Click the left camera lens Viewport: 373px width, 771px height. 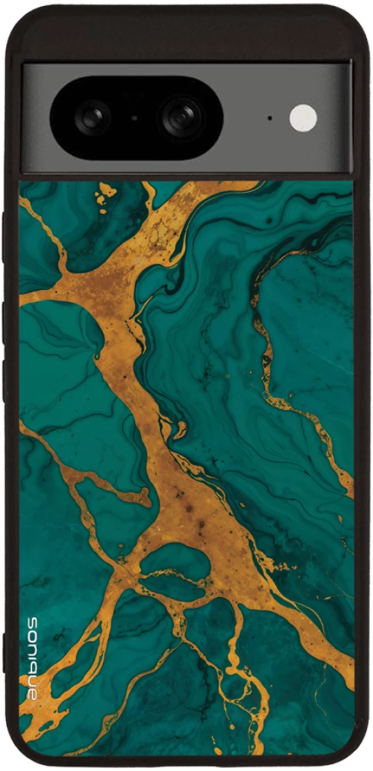[x=93, y=117]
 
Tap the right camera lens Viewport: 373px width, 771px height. [x=181, y=117]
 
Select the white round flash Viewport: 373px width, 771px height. [x=303, y=118]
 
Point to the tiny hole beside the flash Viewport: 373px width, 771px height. [x=269, y=118]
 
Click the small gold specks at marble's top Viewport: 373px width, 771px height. [x=105, y=191]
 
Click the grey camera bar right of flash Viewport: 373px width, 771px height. [x=336, y=118]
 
